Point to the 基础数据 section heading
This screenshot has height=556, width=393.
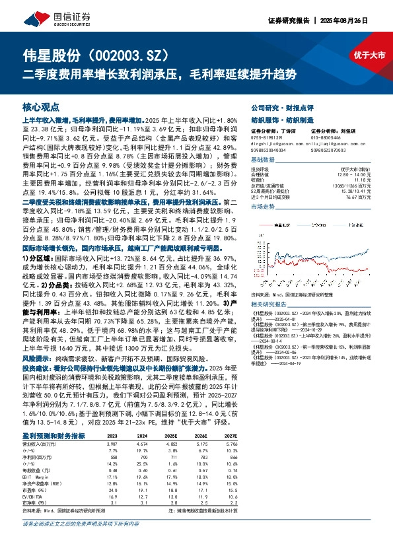[x=263, y=160]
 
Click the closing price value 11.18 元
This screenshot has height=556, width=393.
[x=375, y=178]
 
